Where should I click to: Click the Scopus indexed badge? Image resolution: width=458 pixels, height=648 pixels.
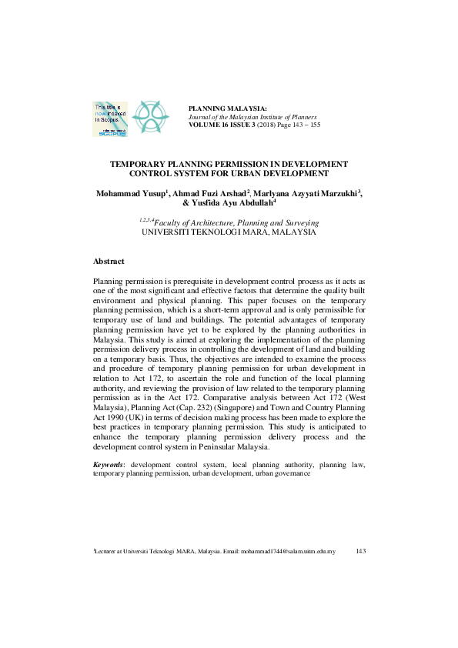(109, 119)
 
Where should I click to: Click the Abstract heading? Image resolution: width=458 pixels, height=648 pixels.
(108, 262)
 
